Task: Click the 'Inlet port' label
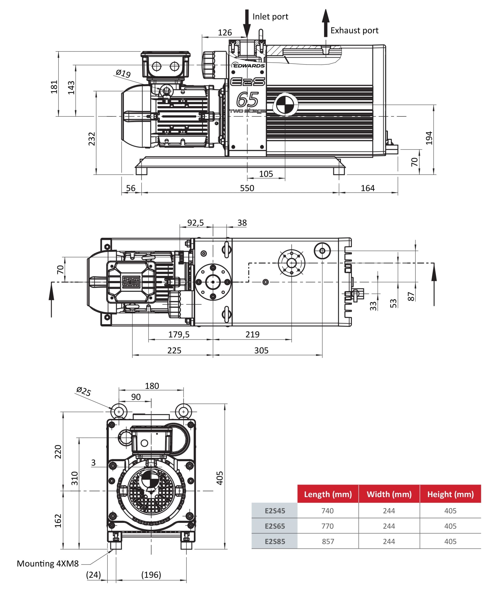tap(270, 17)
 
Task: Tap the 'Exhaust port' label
tap(354, 30)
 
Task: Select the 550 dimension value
tap(247, 188)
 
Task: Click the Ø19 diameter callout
tap(123, 73)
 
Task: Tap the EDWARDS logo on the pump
tap(248, 65)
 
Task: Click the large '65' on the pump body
tap(247, 100)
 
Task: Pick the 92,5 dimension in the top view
tap(195, 223)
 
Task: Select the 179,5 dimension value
tap(179, 334)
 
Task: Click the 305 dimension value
tap(261, 350)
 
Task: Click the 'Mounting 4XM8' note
tap(48, 564)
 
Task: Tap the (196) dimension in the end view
tap(151, 575)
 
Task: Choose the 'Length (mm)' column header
tap(328, 494)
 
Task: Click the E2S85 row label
tap(275, 542)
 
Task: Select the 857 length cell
tap(328, 542)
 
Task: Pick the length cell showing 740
tap(327, 511)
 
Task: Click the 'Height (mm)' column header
tap(450, 494)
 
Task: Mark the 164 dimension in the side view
tap(367, 188)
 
